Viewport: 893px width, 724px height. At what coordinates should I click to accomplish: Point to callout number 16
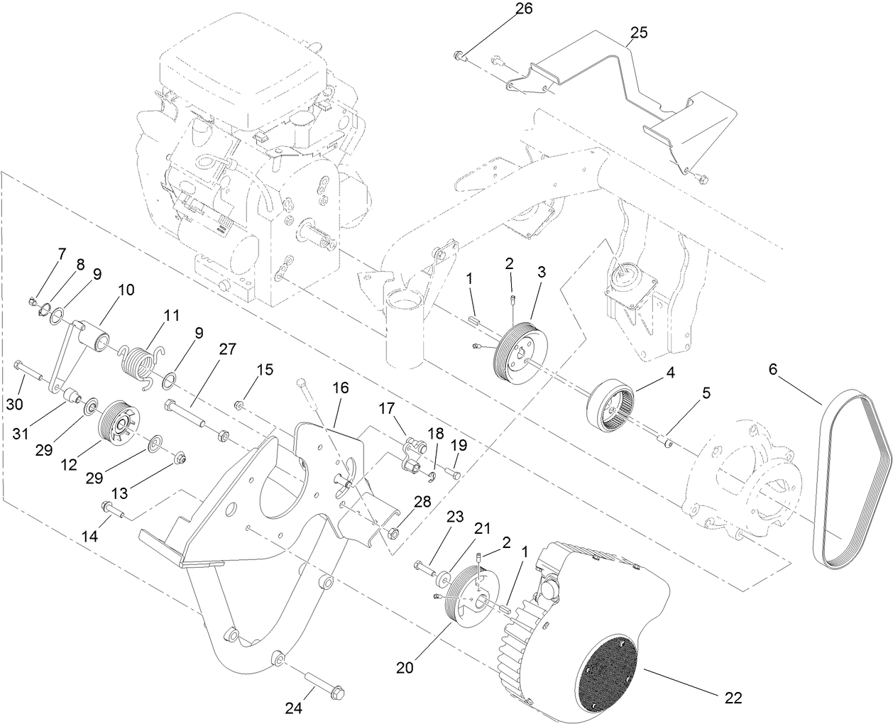pos(340,388)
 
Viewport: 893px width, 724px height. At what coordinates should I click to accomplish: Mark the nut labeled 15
pos(241,405)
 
